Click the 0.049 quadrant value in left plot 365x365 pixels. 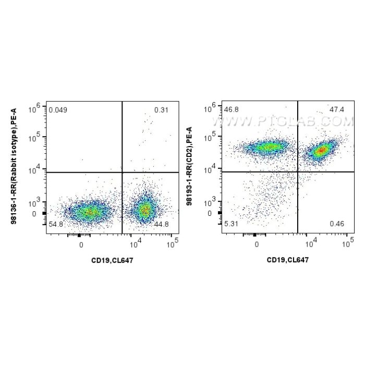(x=58, y=110)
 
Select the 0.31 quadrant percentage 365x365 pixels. (x=161, y=110)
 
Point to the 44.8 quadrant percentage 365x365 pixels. (x=161, y=224)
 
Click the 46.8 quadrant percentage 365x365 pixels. (x=232, y=110)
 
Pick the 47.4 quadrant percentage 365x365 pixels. (x=337, y=110)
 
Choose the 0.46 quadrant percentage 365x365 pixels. (x=337, y=224)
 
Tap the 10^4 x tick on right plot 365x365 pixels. (x=311, y=242)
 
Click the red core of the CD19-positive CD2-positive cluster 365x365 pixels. (x=321, y=150)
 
